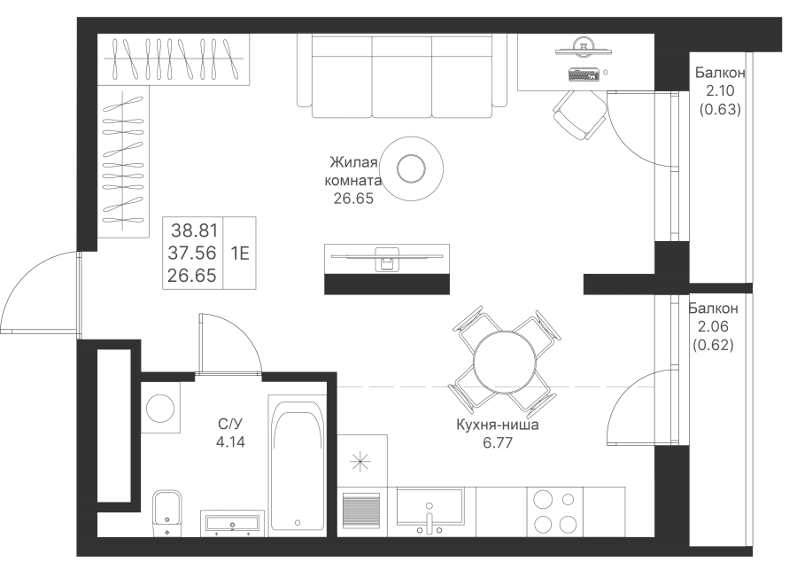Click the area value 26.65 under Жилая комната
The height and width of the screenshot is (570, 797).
(x=353, y=199)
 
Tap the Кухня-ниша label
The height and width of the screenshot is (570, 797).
(x=497, y=425)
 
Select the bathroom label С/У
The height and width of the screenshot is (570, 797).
(x=230, y=424)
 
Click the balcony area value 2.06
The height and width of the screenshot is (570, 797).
(x=714, y=327)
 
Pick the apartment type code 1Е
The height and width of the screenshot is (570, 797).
(x=240, y=253)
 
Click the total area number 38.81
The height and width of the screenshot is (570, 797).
(x=194, y=231)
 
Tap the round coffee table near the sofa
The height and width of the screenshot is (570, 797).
(x=411, y=168)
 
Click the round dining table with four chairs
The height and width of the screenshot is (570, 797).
(x=504, y=362)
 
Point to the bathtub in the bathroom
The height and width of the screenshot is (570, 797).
(x=298, y=465)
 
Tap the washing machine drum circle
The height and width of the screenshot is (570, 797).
(x=160, y=409)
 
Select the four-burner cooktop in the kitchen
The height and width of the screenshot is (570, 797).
(x=554, y=511)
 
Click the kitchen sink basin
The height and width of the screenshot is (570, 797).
(x=430, y=507)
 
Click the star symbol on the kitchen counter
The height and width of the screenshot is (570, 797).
(x=360, y=462)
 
